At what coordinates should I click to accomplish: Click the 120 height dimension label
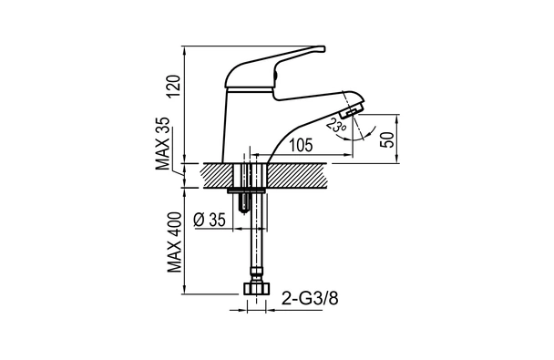(x=176, y=87)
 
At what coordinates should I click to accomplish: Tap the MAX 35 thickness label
(x=163, y=143)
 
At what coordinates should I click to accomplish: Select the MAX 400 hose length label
(x=175, y=242)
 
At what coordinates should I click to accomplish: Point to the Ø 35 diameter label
(x=210, y=220)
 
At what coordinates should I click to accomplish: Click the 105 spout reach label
(x=301, y=145)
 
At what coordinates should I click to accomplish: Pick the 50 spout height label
(x=387, y=139)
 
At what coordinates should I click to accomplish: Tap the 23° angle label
(x=335, y=126)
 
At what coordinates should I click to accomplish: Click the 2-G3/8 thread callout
(x=310, y=299)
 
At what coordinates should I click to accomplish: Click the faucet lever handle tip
(x=322, y=48)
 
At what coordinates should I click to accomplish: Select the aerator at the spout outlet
(x=350, y=113)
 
